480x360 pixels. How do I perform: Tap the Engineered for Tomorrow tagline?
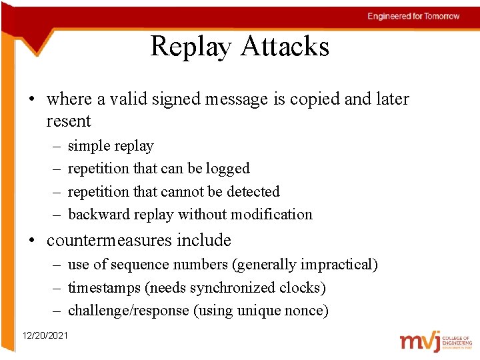[413, 16]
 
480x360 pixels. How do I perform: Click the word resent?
[68, 121]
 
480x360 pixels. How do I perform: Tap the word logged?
[228, 169]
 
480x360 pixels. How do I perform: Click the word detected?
[253, 192]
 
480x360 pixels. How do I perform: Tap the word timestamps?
[102, 288]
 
